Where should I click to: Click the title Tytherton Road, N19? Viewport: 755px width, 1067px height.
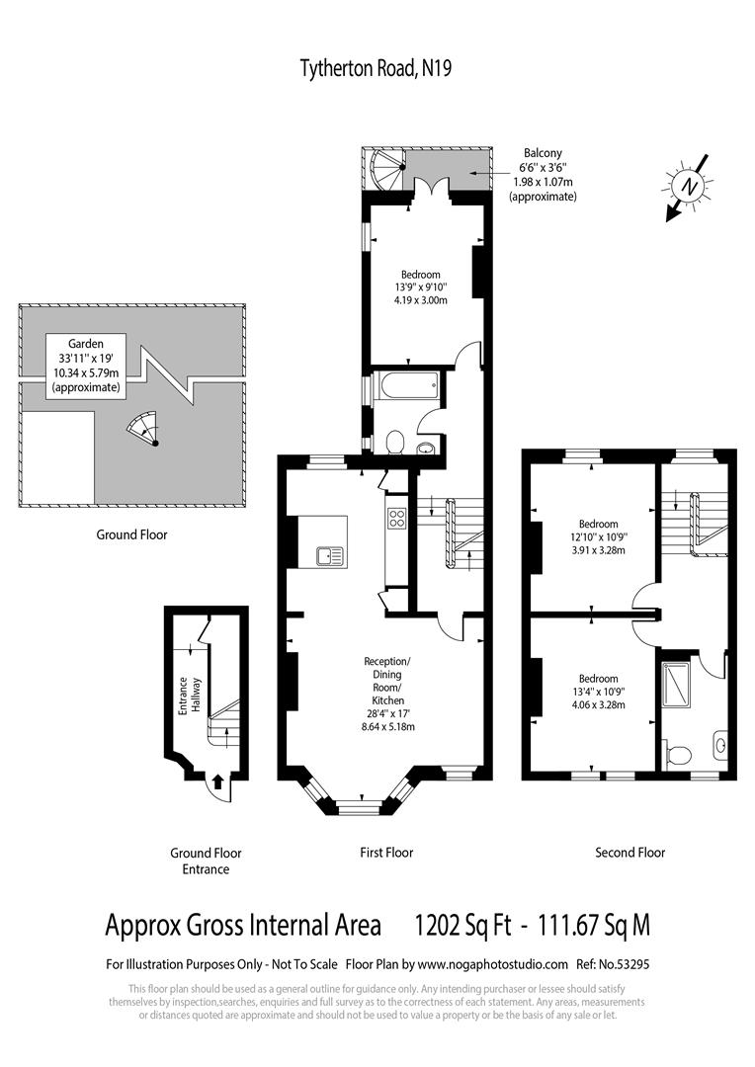point(377,68)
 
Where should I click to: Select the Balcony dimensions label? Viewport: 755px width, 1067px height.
point(543,175)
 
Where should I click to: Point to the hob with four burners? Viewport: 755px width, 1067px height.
point(398,519)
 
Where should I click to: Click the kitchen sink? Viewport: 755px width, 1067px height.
point(329,556)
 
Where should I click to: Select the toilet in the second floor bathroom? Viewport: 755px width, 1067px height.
point(678,756)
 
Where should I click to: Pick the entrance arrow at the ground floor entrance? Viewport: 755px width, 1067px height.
point(216,782)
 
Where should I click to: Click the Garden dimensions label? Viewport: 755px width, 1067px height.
point(87,365)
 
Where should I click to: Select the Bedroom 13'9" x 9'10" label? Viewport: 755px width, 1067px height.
point(421,287)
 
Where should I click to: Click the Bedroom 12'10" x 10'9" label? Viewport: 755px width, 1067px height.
point(599,536)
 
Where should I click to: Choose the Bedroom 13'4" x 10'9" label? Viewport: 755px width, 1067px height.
point(599,692)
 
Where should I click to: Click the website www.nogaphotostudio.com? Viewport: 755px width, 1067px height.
point(492,964)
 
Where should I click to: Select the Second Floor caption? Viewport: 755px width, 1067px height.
point(629,852)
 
